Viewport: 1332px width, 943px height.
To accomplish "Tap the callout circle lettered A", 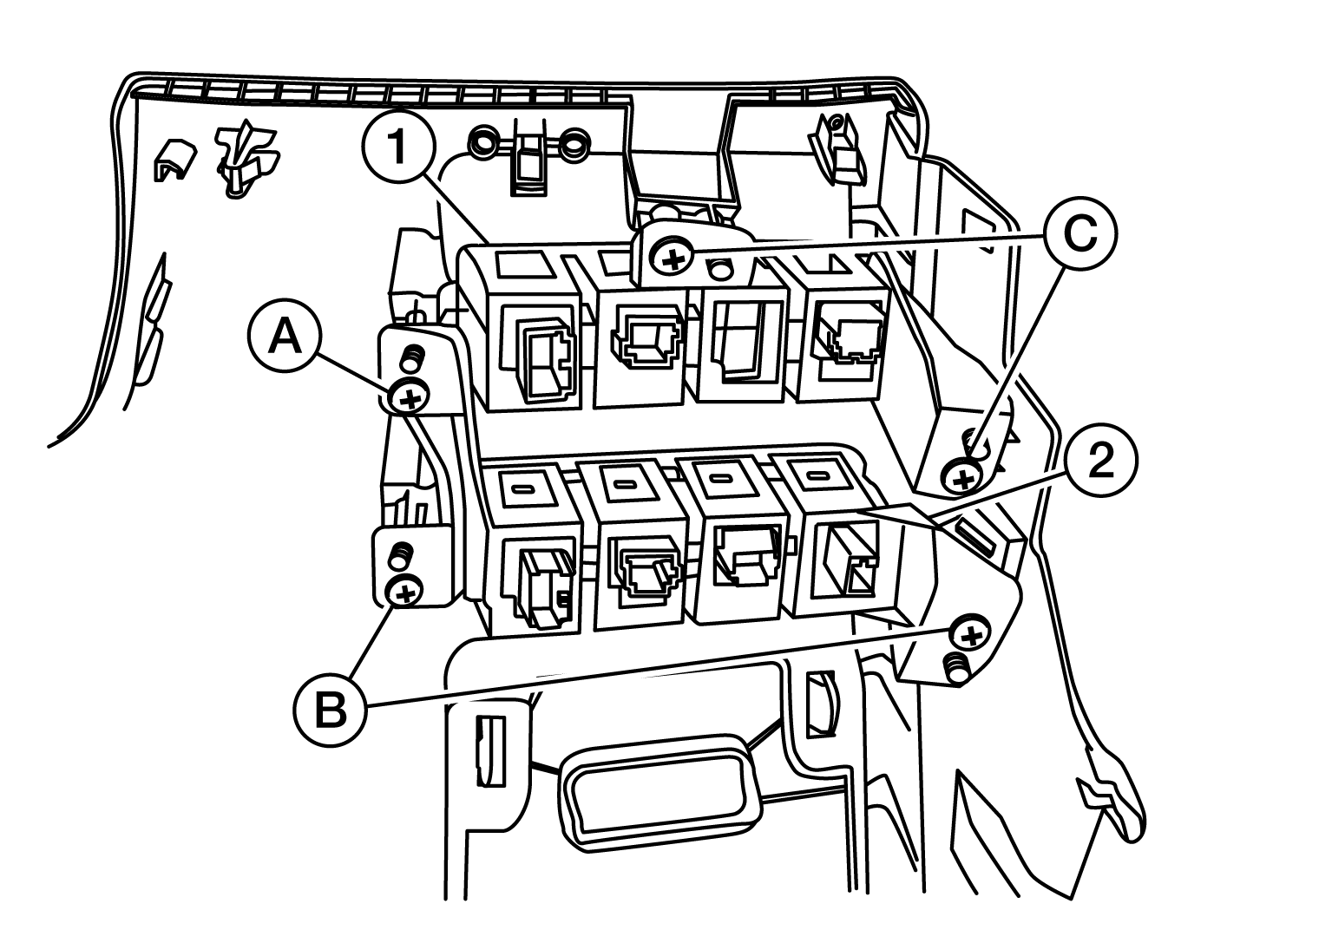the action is coord(285,336).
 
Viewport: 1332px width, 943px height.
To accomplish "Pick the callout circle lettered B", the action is coord(330,709).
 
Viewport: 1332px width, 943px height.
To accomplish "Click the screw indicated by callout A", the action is coord(409,396).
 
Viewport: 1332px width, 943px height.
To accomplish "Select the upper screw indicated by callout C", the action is coord(673,259).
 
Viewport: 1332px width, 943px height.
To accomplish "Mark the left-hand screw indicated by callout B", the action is coord(405,593).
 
